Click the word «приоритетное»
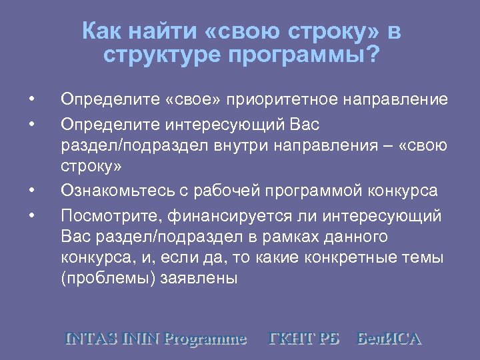coord(285,100)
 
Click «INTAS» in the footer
coord(91,338)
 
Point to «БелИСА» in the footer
coord(389,338)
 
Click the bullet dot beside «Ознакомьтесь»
coord(32,191)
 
